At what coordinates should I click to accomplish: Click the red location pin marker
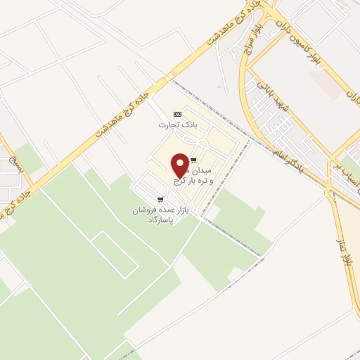[180, 165]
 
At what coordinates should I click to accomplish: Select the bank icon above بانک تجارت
[177, 114]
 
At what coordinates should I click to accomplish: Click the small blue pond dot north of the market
[219, 87]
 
